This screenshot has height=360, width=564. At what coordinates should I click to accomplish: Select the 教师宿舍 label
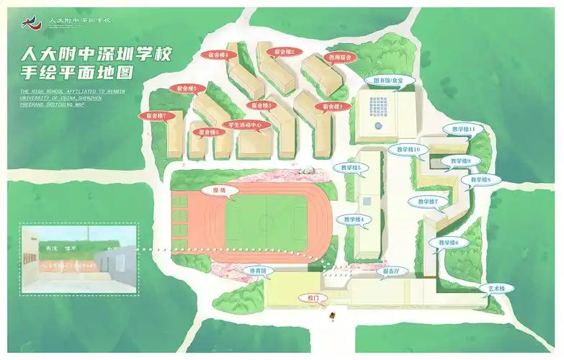point(339,56)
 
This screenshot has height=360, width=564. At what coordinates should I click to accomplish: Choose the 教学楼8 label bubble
point(480,179)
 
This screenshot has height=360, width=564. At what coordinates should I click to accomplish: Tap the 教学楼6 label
point(448,243)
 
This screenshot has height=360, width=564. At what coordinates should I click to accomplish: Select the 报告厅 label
point(391,271)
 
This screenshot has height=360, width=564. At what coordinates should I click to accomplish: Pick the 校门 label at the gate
point(313,297)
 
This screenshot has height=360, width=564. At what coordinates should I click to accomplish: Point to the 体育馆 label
point(258,271)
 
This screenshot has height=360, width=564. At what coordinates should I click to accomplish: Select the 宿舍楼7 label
point(156,115)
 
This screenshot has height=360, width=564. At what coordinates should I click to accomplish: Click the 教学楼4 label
point(353,219)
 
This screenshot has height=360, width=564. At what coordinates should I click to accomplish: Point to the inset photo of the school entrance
point(79,258)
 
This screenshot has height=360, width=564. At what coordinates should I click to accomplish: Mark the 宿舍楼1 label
point(332,107)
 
